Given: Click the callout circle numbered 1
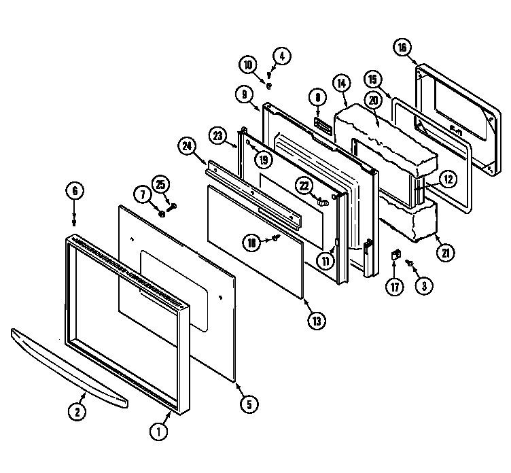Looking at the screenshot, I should (x=158, y=431).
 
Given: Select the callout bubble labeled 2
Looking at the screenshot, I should (x=77, y=410).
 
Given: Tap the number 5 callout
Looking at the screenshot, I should (x=248, y=405).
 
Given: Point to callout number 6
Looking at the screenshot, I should (x=75, y=191).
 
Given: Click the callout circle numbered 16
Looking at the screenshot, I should (x=402, y=47).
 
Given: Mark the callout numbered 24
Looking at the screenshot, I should (x=186, y=145).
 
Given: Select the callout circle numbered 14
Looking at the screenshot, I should (x=341, y=83).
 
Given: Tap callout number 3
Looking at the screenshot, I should (x=423, y=286).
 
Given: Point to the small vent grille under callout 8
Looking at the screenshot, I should (x=321, y=126).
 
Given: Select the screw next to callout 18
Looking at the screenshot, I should (x=277, y=238).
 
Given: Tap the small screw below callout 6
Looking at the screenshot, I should (x=75, y=221).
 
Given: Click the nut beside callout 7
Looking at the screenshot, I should (x=162, y=213).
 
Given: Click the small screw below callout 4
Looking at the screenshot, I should (x=270, y=86).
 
